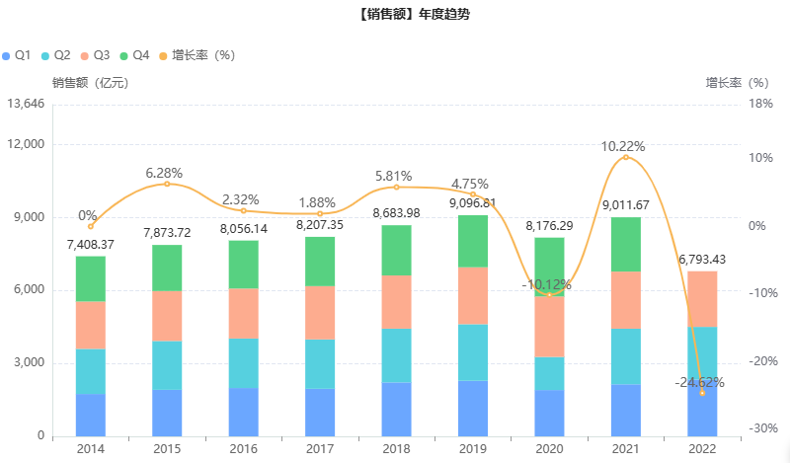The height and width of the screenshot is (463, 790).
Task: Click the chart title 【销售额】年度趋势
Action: tap(394, 16)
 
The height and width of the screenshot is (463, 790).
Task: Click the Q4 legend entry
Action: tap(133, 55)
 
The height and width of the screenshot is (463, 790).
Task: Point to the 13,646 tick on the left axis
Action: tap(26, 104)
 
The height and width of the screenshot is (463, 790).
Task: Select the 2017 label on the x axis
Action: tap(319, 449)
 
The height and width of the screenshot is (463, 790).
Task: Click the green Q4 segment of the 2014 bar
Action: tap(91, 278)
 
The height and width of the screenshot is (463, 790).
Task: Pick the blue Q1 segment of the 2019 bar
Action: tap(473, 408)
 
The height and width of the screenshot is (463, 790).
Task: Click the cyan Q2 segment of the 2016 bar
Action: tap(243, 363)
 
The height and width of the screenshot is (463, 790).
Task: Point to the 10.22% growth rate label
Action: tap(624, 146)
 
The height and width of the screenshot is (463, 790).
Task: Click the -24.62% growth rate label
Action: tap(701, 382)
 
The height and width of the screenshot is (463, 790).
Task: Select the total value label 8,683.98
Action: tap(396, 213)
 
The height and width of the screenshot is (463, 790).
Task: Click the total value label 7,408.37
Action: tap(91, 244)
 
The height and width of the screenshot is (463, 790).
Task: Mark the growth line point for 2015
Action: tap(167, 184)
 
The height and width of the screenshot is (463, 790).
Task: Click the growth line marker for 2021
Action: tap(625, 157)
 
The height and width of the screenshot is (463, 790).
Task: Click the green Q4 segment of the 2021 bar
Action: tap(625, 244)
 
